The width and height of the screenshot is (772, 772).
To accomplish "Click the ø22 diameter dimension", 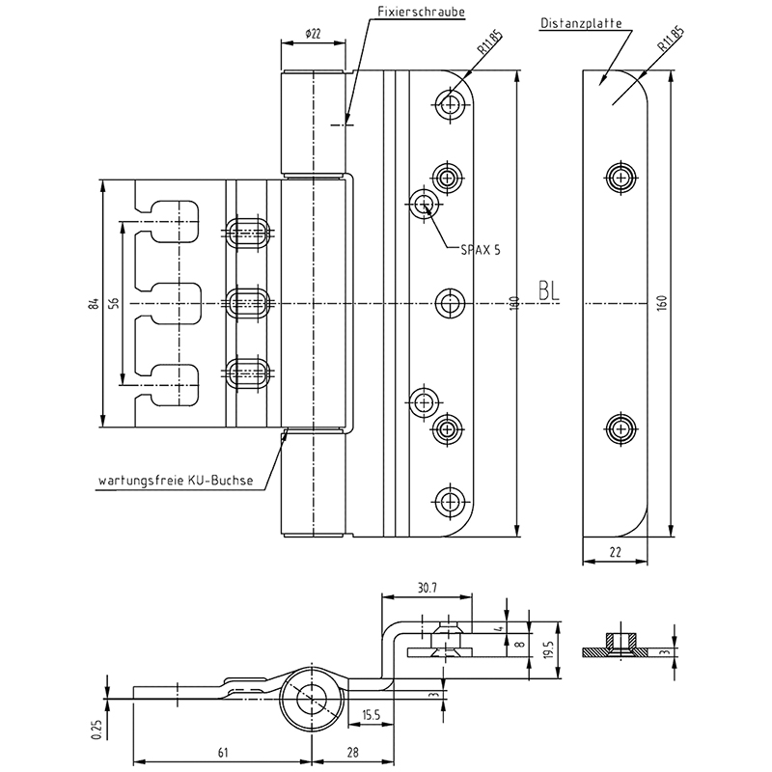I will pos(312,34).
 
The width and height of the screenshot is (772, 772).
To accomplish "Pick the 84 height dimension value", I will pos(94,304).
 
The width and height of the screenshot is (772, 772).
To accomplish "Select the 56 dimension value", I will pos(114,304).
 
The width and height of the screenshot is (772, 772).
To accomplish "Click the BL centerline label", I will pos(549,292).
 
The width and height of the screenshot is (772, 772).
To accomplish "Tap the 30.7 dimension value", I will pos(428,587).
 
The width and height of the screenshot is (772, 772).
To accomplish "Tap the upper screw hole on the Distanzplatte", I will pos(620,176).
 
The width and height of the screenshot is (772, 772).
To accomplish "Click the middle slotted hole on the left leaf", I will pos(250,300).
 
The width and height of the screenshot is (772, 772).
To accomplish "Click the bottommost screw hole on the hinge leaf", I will pos(447,500).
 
